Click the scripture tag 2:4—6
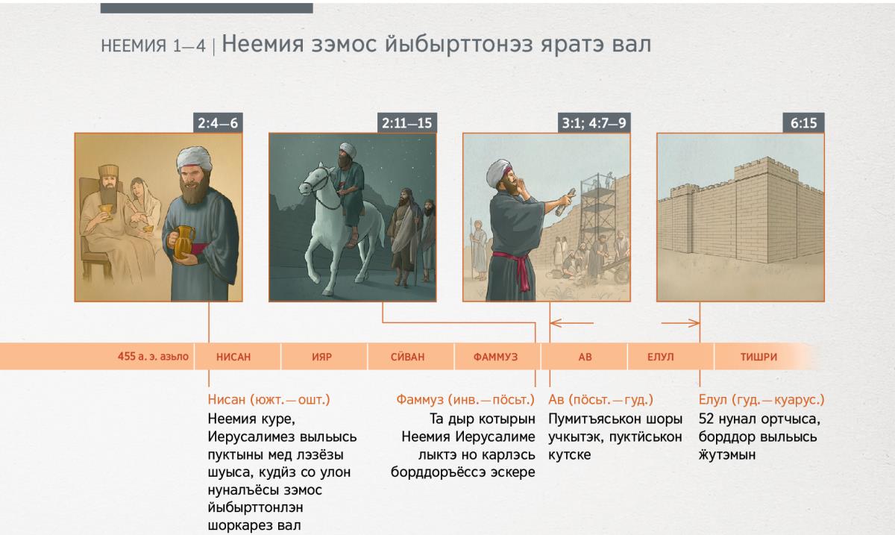tap(218, 123)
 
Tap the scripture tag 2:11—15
tap(406, 123)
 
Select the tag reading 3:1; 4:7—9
tap(594, 123)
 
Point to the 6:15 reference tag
tap(803, 123)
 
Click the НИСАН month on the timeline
tap(233, 357)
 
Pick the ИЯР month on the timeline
tap(321, 357)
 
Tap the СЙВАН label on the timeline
tap(407, 357)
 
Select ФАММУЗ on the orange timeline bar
tap(495, 357)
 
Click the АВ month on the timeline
tap(585, 357)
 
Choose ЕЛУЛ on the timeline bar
tap(661, 357)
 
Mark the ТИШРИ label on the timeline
tap(759, 357)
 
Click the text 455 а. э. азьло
tap(153, 356)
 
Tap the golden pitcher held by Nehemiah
tap(183, 243)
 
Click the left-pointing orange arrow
tap(572, 322)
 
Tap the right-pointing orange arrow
tap(680, 322)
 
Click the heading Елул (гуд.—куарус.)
tap(761, 399)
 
